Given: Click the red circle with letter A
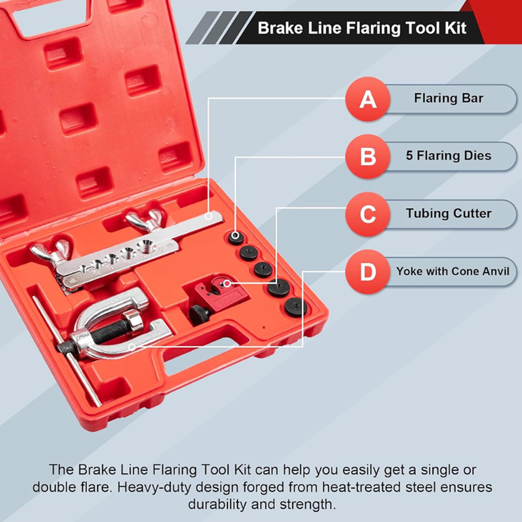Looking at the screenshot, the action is (x=368, y=99).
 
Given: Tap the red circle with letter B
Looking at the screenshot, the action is (x=368, y=156).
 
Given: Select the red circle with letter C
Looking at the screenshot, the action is (x=368, y=214).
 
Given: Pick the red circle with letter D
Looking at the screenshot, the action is (x=368, y=271).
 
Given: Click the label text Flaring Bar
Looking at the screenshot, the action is (x=449, y=98).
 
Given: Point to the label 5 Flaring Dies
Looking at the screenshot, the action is (x=449, y=156).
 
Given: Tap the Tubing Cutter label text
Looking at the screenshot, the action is (x=449, y=213).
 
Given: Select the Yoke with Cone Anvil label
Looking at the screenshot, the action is (x=453, y=271).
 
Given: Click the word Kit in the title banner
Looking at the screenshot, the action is (x=456, y=28).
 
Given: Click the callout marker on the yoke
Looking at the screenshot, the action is (x=132, y=347).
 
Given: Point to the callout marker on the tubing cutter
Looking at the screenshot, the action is (x=227, y=283).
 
